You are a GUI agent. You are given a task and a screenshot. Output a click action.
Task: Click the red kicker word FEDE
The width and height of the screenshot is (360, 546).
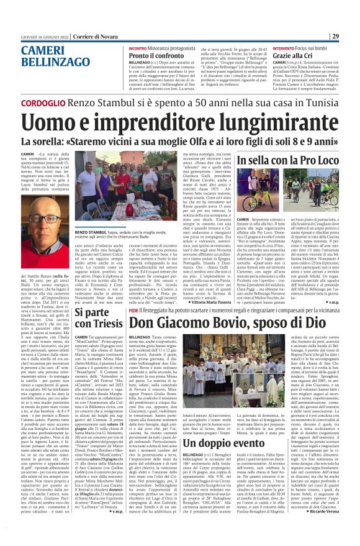click(x=133, y=309)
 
